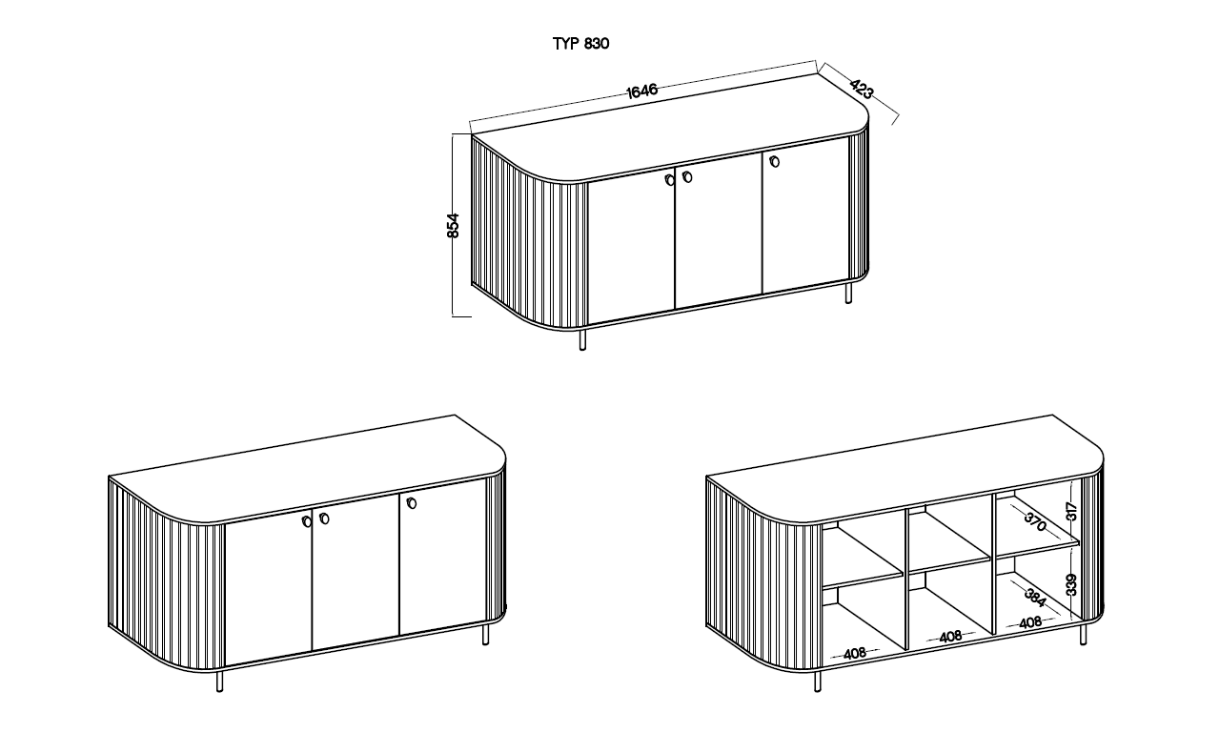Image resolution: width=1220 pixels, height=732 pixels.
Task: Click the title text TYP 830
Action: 580,44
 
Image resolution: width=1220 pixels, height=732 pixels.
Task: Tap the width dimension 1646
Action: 642,91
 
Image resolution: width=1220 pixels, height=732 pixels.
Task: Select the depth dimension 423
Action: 862,90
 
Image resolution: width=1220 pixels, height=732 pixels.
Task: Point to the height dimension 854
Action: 453,226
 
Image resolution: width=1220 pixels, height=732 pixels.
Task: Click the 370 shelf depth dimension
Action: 1035,521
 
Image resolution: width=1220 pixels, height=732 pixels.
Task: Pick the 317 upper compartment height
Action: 1072,512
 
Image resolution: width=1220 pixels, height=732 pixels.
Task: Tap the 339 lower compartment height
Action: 1072,585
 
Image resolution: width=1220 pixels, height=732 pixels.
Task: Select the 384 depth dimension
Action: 1035,598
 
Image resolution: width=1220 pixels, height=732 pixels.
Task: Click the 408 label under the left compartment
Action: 855,654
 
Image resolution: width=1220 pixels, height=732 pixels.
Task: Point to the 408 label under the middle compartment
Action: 950,636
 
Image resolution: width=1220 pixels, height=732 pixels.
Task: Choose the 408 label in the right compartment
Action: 1030,622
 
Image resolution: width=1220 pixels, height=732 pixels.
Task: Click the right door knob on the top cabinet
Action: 774,161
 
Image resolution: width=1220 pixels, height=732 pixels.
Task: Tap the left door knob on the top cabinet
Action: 669,180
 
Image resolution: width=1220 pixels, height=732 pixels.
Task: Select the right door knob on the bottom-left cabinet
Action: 411,503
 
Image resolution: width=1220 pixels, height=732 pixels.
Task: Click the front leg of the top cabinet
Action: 582,339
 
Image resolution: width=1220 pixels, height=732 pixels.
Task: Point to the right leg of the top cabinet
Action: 848,293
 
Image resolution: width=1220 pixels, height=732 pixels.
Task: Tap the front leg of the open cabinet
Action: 818,681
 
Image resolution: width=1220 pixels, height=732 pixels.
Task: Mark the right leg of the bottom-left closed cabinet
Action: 486,635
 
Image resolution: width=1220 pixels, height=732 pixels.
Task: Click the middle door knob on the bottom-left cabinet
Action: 324,518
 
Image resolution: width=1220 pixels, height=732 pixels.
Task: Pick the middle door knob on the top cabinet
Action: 687,176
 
